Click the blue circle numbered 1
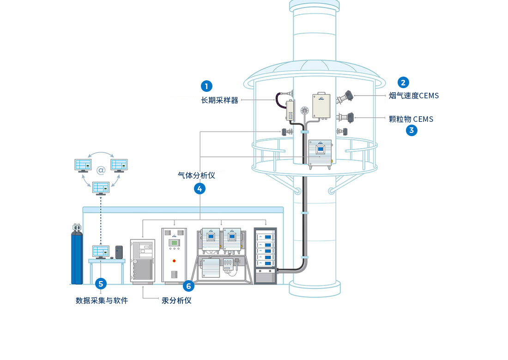206,86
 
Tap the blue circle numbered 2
404,83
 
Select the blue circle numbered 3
411,130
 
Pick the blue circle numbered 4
200,188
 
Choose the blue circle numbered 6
188,286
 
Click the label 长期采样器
220,100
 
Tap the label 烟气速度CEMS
414,96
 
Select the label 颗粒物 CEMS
411,119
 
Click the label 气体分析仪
197,175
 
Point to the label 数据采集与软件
102,300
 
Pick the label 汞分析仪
176,300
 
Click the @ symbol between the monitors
101,170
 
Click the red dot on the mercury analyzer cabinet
174,261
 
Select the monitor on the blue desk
100,251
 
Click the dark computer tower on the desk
119,252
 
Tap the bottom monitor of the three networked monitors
101,187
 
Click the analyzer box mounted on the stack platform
320,152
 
